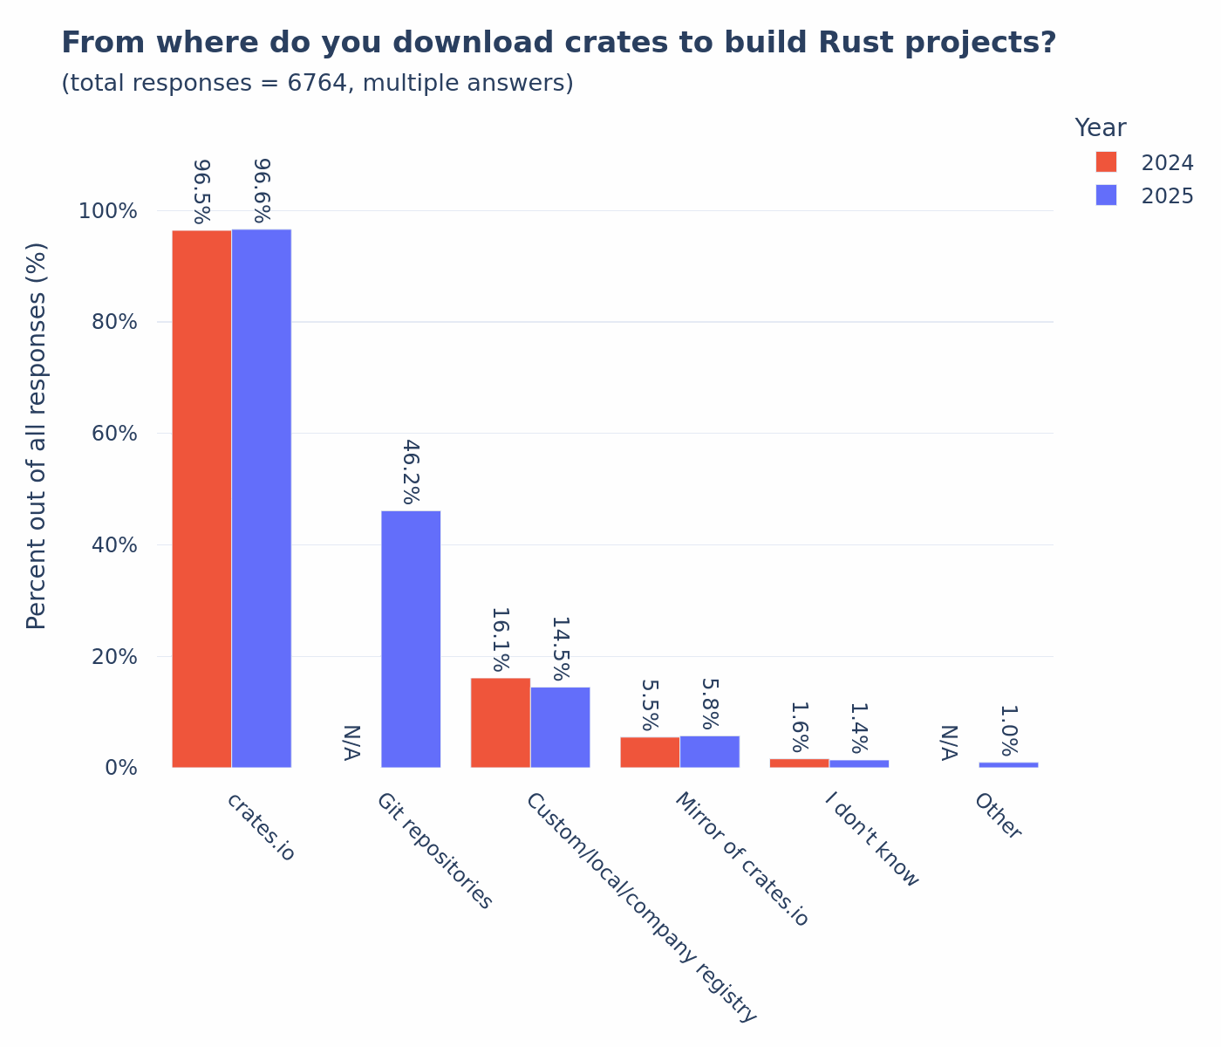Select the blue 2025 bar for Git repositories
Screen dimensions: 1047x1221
[411, 639]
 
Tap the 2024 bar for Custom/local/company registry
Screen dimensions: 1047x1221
[501, 722]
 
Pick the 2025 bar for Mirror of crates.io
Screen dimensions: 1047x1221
[710, 751]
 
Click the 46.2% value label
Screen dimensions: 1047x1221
[411, 473]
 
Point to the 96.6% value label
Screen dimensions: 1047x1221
[262, 190]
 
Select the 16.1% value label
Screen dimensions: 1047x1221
[501, 640]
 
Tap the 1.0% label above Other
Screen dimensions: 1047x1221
[1008, 730]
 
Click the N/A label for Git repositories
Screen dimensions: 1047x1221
[351, 742]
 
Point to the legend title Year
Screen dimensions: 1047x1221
[1100, 128]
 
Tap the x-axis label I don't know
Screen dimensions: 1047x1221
[872, 839]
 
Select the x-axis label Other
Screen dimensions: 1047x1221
[998, 816]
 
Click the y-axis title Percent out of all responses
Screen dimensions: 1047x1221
[37, 436]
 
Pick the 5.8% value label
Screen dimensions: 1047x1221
[710, 704]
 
